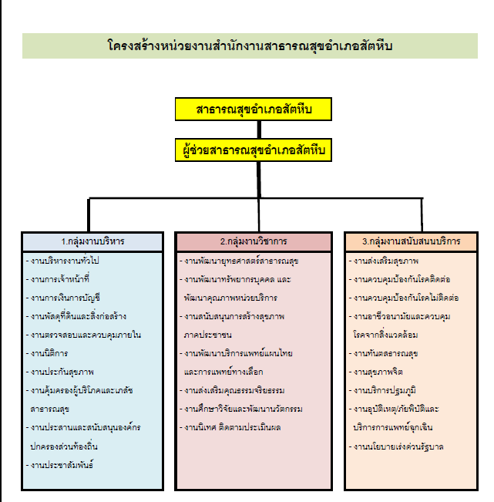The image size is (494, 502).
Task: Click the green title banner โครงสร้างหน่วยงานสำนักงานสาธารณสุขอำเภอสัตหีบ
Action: coord(250,45)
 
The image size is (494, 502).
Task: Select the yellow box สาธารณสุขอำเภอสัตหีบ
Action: coord(254,109)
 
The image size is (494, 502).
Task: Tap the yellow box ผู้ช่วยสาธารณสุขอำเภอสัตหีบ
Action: coord(254,150)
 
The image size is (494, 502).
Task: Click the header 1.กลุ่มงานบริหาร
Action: coord(92,241)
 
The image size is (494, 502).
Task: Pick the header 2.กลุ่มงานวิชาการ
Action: coord(254,241)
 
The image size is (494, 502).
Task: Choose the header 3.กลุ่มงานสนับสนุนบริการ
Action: coord(411,241)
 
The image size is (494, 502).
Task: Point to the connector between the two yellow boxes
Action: coord(259,130)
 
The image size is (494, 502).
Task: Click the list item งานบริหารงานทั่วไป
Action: coord(62,261)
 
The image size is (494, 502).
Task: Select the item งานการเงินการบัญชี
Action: coord(63,298)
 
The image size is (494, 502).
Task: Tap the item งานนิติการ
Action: coord(47,353)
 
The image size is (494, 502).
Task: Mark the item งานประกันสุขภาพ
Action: coord(60,372)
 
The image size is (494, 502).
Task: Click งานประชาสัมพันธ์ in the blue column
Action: coord(59,465)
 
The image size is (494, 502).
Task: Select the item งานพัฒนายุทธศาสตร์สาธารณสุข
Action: coord(239,261)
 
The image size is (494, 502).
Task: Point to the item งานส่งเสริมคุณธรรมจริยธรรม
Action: coord(232,391)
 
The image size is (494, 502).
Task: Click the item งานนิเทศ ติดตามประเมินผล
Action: coord(230,428)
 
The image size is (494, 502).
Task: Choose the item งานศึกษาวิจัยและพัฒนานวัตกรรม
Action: coord(241,409)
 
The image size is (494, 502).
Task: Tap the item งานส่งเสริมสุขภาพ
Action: coord(384,261)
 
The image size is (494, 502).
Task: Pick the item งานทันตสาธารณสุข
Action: coord(383,353)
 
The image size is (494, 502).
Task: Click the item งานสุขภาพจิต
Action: coord(375,372)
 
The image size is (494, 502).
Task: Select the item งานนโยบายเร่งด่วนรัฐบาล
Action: coord(396,447)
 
